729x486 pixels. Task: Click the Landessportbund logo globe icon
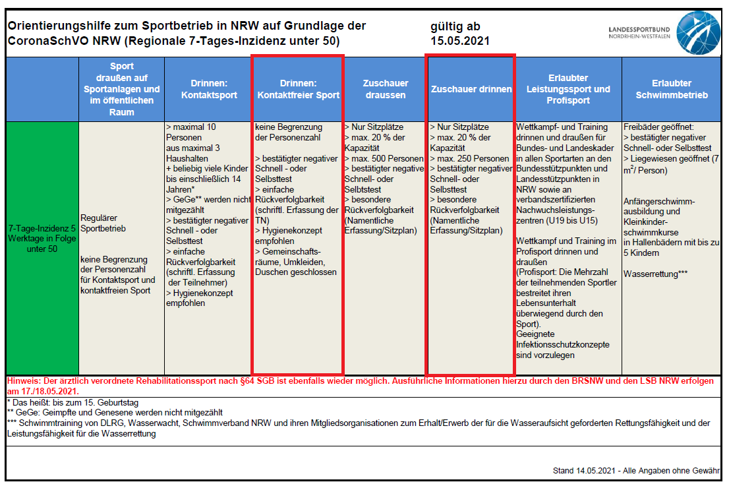699,32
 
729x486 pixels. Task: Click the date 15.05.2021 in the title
459,41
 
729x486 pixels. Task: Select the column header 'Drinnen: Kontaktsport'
209,90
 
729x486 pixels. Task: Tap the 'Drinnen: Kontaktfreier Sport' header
298,90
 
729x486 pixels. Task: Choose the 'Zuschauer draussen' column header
386,90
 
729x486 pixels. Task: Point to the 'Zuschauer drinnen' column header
471,90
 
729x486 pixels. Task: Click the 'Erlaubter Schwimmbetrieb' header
672,90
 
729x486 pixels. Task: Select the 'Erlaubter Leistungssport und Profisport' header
568,90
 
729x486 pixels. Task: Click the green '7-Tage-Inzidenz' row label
42,237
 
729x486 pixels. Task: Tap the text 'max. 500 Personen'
388,159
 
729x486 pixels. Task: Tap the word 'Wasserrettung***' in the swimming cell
656,274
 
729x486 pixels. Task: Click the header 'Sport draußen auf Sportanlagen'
122,90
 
